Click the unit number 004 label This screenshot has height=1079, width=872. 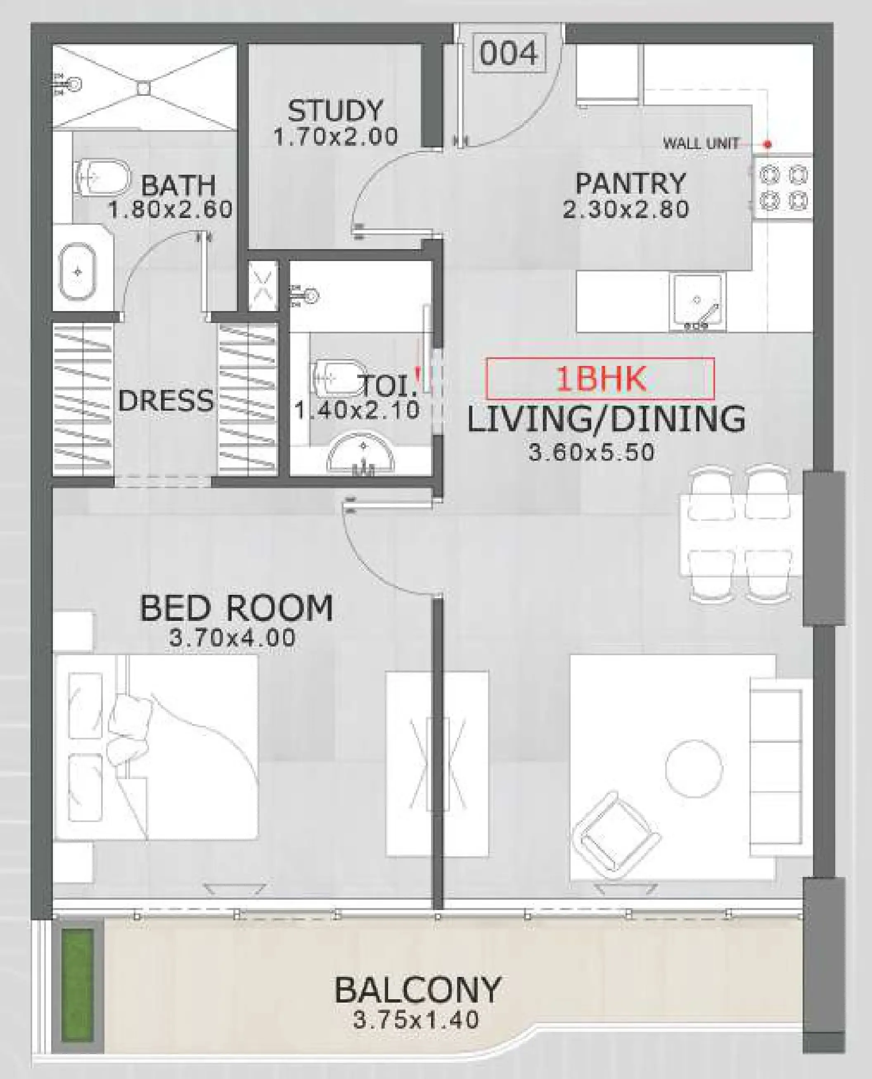(508, 53)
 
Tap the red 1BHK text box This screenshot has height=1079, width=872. (600, 378)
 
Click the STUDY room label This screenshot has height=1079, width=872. (335, 111)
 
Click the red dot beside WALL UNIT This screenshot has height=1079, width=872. (768, 144)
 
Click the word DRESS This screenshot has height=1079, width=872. (166, 401)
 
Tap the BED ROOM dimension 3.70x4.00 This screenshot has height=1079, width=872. (232, 638)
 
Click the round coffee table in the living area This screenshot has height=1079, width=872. (694, 768)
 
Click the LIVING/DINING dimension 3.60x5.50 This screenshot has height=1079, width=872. (591, 452)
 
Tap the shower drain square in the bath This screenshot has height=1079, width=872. (144, 88)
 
